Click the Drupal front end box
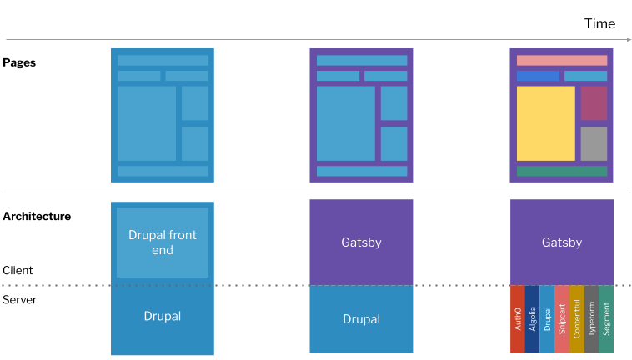(x=163, y=242)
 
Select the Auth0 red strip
(x=517, y=319)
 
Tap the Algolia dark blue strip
(x=532, y=319)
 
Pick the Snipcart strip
(x=561, y=319)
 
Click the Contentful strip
(x=576, y=319)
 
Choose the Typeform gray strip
(x=591, y=319)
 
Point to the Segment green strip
(x=606, y=319)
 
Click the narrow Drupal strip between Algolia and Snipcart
(x=547, y=319)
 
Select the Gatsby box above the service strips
(x=561, y=242)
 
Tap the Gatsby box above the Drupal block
(x=361, y=242)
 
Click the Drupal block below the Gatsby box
(x=361, y=319)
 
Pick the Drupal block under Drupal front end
(x=163, y=317)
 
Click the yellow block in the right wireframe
(x=545, y=123)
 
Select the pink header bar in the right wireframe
(x=561, y=60)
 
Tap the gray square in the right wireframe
(x=594, y=143)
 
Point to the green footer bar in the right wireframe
(x=561, y=171)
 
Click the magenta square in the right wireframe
(x=594, y=103)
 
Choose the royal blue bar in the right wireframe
(x=538, y=76)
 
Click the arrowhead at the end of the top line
(x=629, y=39)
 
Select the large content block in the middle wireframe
(x=345, y=123)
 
